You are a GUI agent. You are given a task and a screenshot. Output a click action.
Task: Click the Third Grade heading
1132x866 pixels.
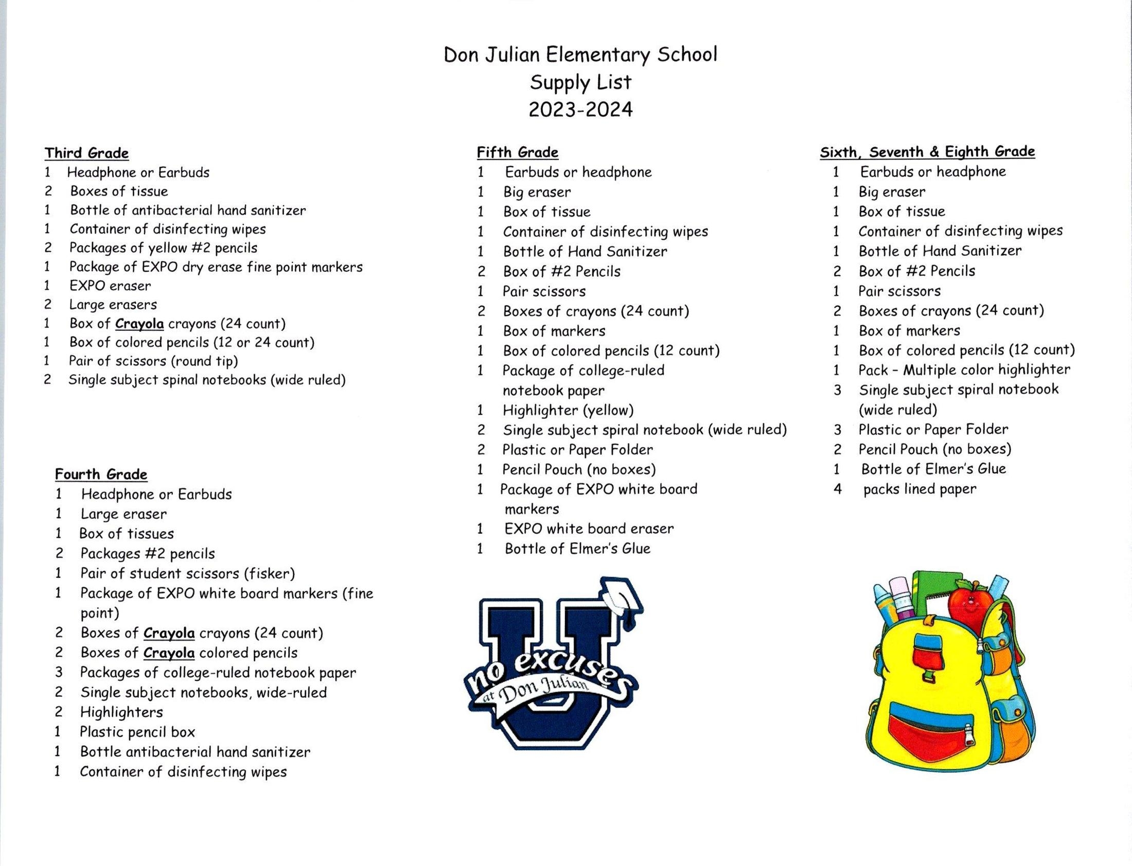pyautogui.click(x=86, y=153)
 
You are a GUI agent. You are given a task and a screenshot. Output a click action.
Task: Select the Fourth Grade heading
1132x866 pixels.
pyautogui.click(x=101, y=474)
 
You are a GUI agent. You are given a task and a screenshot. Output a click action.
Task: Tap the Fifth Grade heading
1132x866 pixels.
pyautogui.click(x=517, y=153)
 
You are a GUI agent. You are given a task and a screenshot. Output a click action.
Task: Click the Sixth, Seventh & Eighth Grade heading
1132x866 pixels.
pyautogui.click(x=927, y=152)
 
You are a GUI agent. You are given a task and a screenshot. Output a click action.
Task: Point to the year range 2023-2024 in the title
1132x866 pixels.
pyautogui.click(x=580, y=110)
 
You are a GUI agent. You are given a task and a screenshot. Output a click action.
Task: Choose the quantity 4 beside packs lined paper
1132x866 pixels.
pyautogui.click(x=838, y=489)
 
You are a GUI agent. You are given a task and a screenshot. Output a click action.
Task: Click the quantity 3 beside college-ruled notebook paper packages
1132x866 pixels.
pyautogui.click(x=59, y=673)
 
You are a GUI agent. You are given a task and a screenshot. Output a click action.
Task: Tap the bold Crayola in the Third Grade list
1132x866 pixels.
pyautogui.click(x=139, y=324)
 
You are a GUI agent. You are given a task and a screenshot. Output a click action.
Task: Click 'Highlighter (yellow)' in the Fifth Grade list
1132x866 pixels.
pyautogui.click(x=568, y=410)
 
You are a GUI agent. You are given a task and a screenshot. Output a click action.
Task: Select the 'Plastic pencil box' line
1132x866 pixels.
pyautogui.click(x=137, y=732)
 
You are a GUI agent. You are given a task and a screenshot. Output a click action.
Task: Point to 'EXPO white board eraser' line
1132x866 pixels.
pyautogui.click(x=589, y=529)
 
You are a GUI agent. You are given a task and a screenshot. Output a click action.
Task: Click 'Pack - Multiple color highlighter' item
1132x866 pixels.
pyautogui.click(x=964, y=370)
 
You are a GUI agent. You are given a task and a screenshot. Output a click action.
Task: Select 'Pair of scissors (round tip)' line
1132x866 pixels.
pyautogui.click(x=153, y=361)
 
